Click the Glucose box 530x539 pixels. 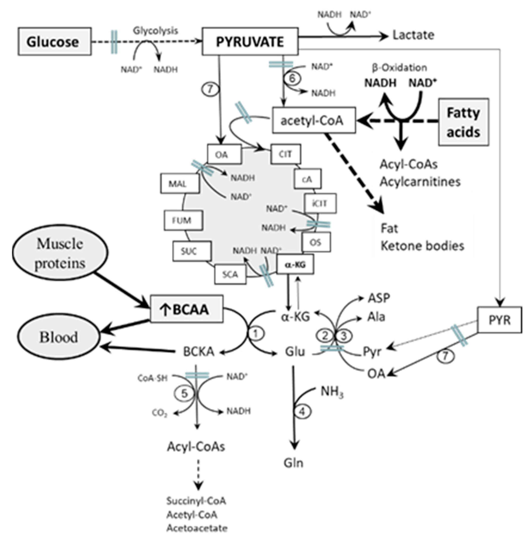pyautogui.click(x=55, y=42)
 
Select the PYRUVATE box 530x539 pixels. pyautogui.click(x=250, y=41)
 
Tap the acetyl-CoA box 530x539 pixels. pyautogui.click(x=314, y=120)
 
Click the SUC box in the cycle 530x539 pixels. pyautogui.click(x=191, y=251)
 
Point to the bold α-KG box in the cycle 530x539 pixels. pyautogui.click(x=295, y=264)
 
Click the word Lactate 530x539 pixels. pyautogui.click(x=413, y=35)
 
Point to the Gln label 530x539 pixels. pyautogui.click(x=293, y=463)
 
